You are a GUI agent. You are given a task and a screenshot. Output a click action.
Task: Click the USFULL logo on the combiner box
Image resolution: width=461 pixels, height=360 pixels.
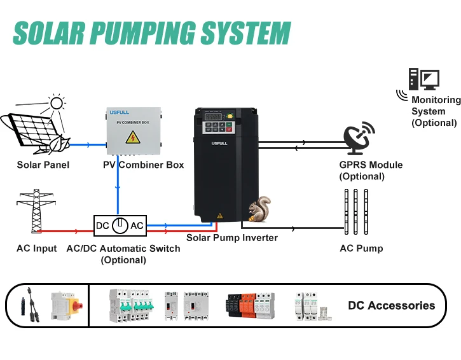(119, 113)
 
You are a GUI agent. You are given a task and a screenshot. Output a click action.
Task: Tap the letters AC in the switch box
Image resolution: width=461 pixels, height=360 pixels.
(137, 226)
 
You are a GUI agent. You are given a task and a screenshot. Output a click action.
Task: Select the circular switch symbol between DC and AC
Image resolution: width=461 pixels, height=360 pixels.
(120, 226)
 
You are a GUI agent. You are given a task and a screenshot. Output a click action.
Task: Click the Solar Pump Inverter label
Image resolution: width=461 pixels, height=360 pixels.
(231, 238)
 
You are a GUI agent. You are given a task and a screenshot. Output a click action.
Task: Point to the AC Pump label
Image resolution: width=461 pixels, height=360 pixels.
(361, 248)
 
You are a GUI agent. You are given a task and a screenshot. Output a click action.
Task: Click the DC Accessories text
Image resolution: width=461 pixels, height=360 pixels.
(391, 305)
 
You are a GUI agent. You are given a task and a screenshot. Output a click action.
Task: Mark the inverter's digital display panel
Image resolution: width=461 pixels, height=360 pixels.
(216, 117)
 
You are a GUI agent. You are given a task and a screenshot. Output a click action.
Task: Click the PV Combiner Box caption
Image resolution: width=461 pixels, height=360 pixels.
(143, 165)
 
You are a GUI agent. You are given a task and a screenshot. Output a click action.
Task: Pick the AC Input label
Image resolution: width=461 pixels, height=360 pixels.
(36, 248)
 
